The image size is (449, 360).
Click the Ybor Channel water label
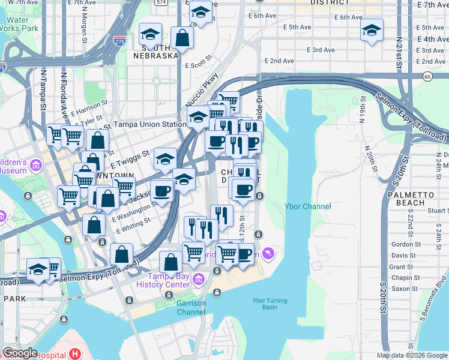pyautogui.click(x=307, y=207)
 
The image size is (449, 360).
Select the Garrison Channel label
pyautogui.click(x=191, y=307)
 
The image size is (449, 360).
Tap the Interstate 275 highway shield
pyautogui.click(x=118, y=41)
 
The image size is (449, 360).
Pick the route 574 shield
pyautogui.click(x=160, y=2)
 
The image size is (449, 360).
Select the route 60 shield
pyautogui.click(x=427, y=76)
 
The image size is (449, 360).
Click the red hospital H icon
pyautogui.click(x=75, y=354)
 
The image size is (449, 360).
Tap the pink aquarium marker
pyautogui.click(x=268, y=254)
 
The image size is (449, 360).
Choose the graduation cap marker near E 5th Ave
pyautogui.click(x=372, y=30)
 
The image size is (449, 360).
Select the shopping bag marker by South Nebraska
pyautogui.click(x=181, y=38)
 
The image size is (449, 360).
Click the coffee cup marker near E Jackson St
pyautogui.click(x=161, y=191)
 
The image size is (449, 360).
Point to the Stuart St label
pyautogui.click(x=436, y=211)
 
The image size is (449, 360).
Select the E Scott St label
pyautogui.click(x=199, y=62)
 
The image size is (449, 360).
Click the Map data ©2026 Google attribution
pyautogui.click(x=411, y=355)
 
